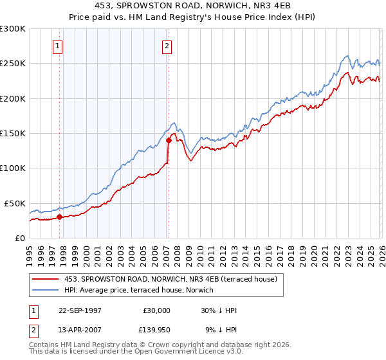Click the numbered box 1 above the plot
[58, 46]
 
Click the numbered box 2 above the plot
[167, 46]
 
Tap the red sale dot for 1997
[59, 217]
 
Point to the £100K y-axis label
[13, 168]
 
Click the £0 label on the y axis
[19, 238]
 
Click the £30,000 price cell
[156, 310]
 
